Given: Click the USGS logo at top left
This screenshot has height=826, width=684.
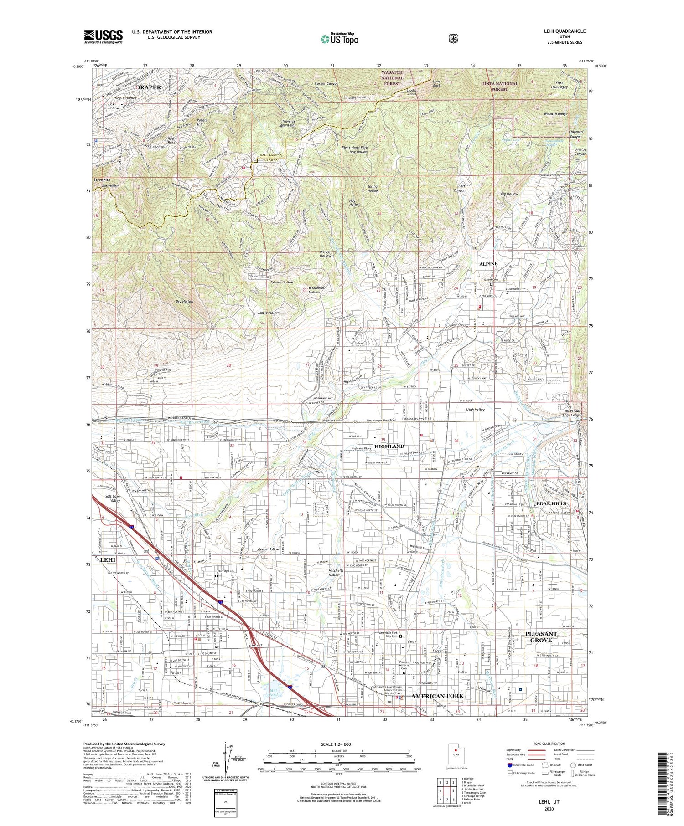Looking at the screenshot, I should [103, 36].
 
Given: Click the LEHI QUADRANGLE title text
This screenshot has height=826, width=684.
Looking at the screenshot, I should [564, 31].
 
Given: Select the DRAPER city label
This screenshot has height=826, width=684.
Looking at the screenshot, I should [149, 87].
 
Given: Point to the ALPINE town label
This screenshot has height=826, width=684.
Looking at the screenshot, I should [488, 264].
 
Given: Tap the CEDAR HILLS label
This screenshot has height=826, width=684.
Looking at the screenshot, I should [549, 503].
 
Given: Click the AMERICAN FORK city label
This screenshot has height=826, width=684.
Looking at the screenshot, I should [437, 696].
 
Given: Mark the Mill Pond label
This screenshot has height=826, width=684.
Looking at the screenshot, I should [273, 693].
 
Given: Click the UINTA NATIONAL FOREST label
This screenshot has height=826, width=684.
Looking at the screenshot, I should [499, 86].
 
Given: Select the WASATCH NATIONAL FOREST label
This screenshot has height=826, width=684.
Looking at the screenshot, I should [392, 78].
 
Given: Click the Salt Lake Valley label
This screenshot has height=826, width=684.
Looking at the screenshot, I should [112, 498].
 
